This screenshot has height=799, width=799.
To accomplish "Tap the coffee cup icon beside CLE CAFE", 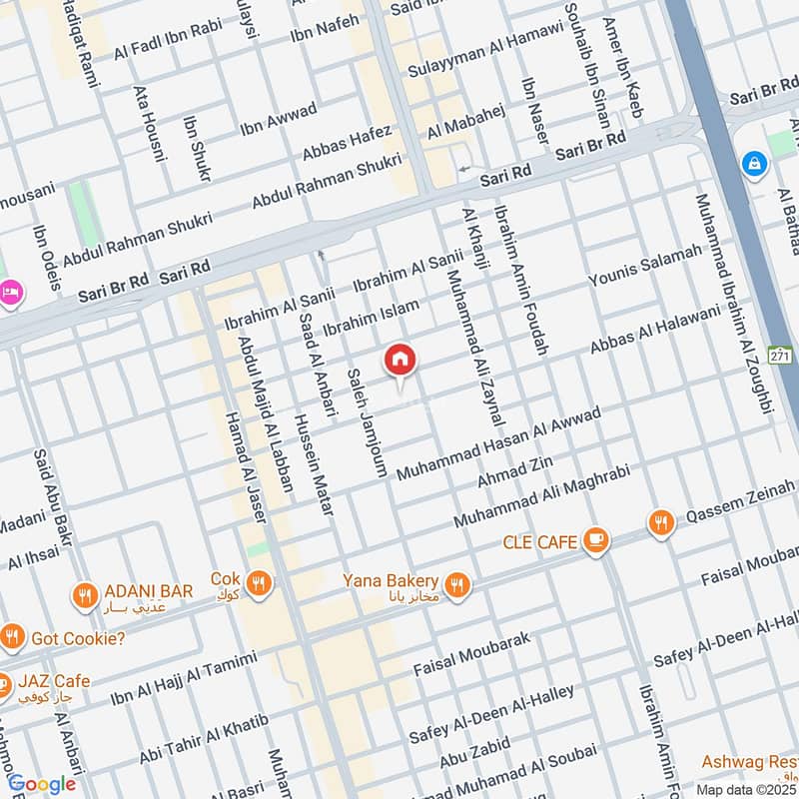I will pyautogui.click(x=596, y=540).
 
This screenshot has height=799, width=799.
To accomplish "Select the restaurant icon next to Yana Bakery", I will pyautogui.click(x=457, y=584).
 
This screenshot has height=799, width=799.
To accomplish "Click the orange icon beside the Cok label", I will pyautogui.click(x=259, y=583).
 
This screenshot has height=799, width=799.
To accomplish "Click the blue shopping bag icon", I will pyautogui.click(x=754, y=162).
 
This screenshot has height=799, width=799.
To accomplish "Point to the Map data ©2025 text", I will pyautogui.click(x=746, y=789).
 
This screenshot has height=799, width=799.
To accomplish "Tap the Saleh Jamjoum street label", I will pyautogui.click(x=367, y=423).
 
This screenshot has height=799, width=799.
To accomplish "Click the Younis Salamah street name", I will pyautogui.click(x=645, y=270).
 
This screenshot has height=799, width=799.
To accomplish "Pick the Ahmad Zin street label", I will pyautogui.click(x=514, y=467).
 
